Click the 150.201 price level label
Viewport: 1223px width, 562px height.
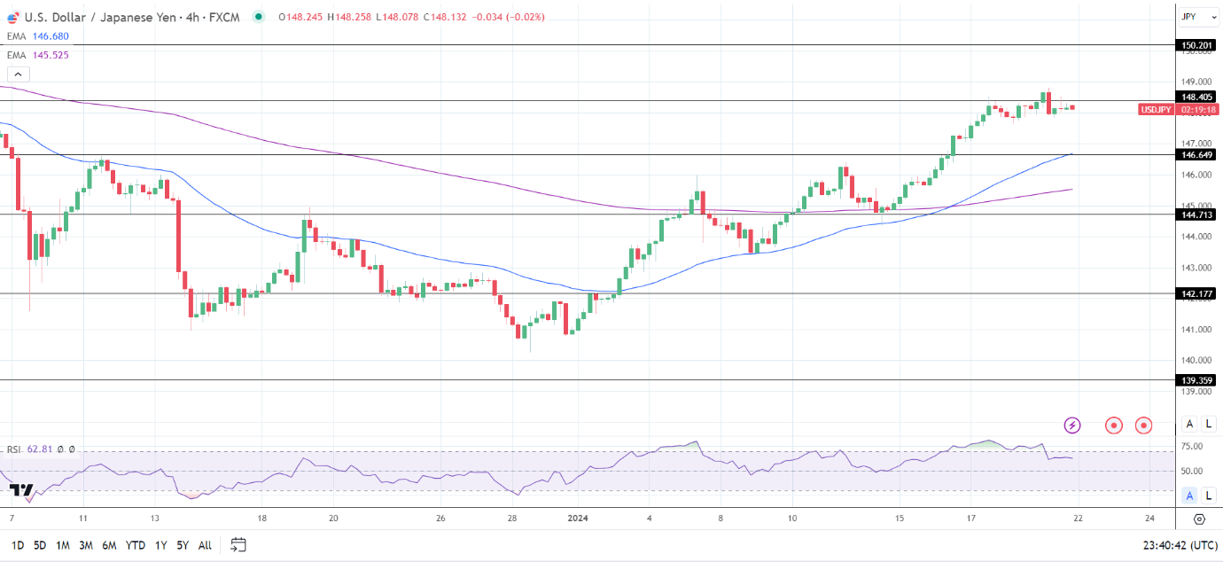[1196, 45]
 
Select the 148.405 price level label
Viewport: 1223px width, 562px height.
[1196, 97]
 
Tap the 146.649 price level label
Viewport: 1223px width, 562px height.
[1196, 154]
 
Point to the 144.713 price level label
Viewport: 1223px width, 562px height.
[1196, 215]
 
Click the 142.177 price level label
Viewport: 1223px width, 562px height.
[1196, 293]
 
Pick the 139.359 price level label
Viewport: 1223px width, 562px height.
[1196, 380]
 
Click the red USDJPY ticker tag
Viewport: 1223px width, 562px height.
[1156, 109]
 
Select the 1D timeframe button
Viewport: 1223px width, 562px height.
[18, 545]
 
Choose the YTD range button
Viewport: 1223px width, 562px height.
[136, 545]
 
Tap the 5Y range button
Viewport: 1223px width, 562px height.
[182, 545]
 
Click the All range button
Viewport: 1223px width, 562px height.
[205, 545]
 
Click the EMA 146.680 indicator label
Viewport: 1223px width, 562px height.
[37, 36]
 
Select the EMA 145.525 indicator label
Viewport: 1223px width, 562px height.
[37, 55]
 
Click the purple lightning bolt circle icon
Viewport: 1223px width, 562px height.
[1072, 425]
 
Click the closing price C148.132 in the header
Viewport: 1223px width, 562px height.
[449, 17]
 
